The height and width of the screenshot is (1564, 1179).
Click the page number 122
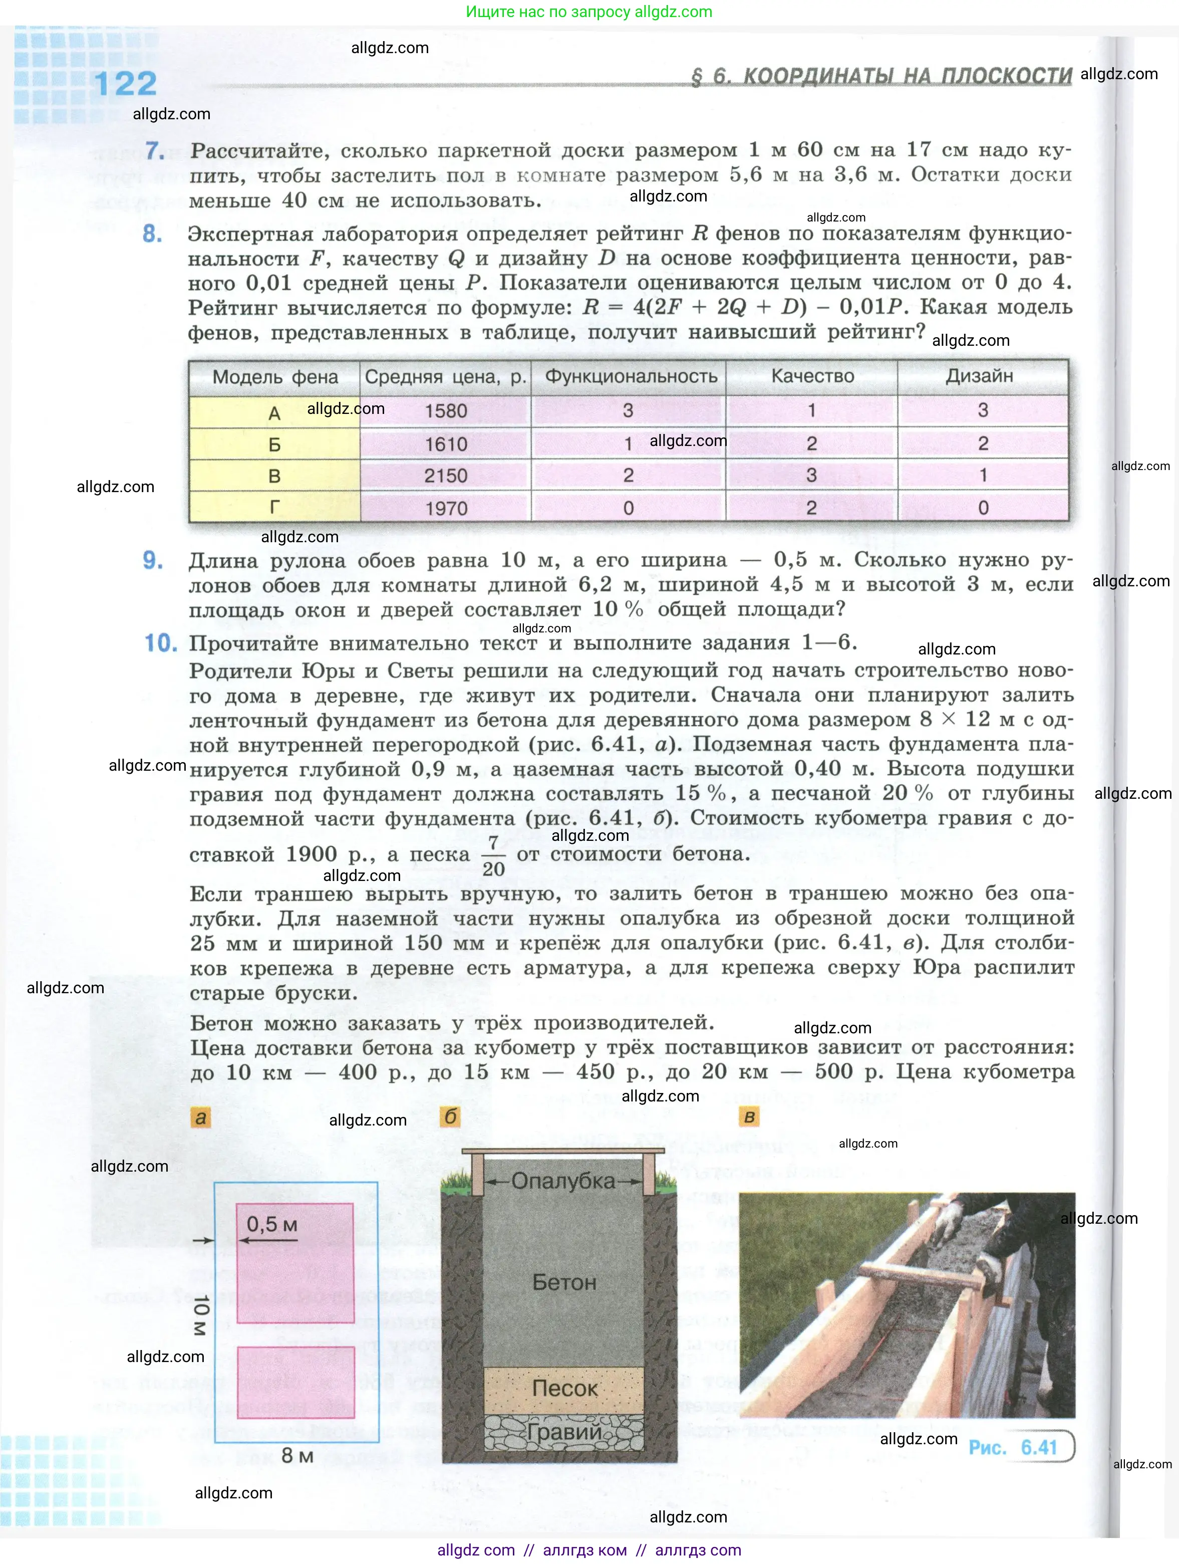(125, 84)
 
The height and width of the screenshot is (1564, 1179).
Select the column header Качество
(812, 376)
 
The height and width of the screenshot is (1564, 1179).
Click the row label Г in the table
(274, 508)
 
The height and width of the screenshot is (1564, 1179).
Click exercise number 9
(153, 561)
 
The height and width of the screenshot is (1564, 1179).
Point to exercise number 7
(155, 151)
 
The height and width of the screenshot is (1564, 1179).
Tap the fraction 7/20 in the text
(493, 855)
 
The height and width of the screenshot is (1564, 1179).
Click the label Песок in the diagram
(564, 1388)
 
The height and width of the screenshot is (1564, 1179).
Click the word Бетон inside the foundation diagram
(564, 1282)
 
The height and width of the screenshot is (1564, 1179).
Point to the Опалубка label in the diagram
(563, 1181)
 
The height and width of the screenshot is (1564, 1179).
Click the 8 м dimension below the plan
(297, 1455)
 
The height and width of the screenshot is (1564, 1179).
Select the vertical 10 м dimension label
(201, 1315)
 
